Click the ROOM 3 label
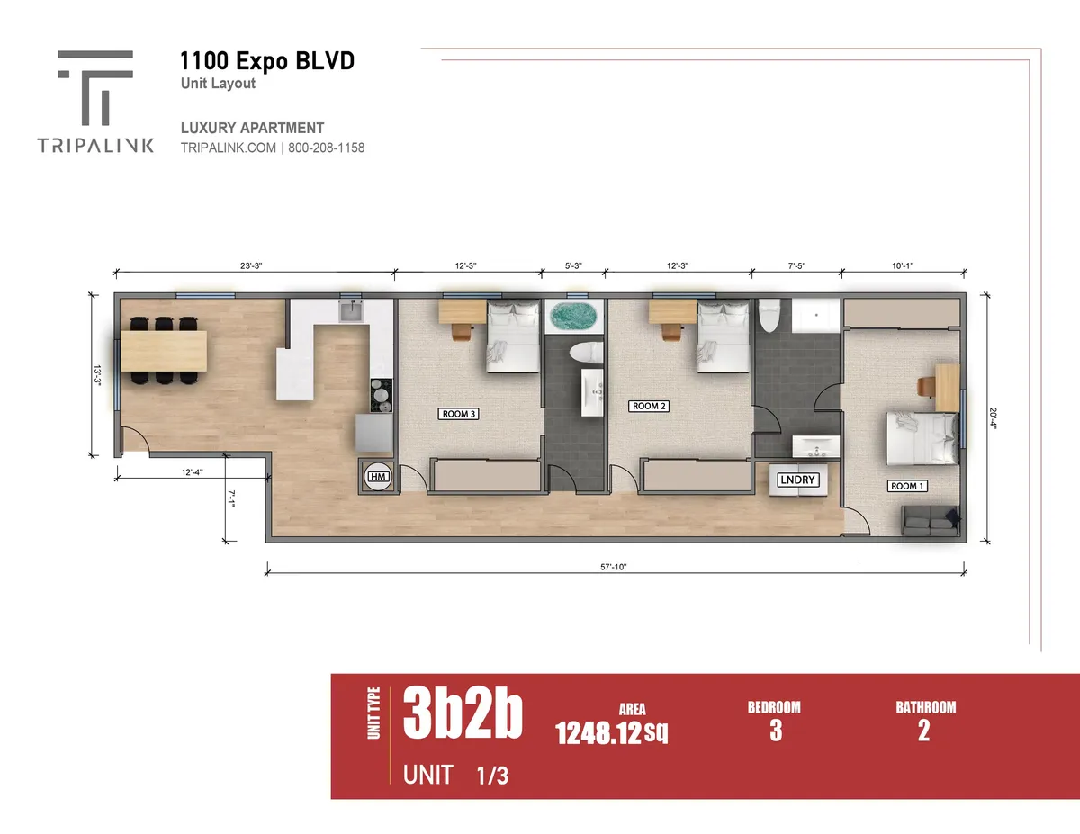pyautogui.click(x=458, y=414)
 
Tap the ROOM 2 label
pyautogui.click(x=649, y=406)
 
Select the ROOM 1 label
pyautogui.click(x=907, y=487)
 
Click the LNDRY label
pyautogui.click(x=797, y=480)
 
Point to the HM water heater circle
pyautogui.click(x=378, y=476)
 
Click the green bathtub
pyautogui.click(x=573, y=317)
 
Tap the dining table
pyautogui.click(x=164, y=351)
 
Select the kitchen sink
pyautogui.click(x=352, y=311)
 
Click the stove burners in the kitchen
pyautogui.click(x=382, y=395)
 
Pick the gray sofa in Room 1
pyautogui.click(x=931, y=521)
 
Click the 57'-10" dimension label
pyautogui.click(x=613, y=567)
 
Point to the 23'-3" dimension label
pyautogui.click(x=251, y=265)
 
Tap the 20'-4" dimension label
pyautogui.click(x=993, y=418)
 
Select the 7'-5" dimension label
pyautogui.click(x=796, y=265)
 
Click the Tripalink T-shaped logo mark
pyautogui.click(x=95, y=87)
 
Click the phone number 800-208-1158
pyautogui.click(x=327, y=148)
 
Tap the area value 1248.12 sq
pyautogui.click(x=611, y=732)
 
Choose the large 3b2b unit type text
pyautogui.click(x=463, y=713)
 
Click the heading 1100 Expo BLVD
pyautogui.click(x=267, y=61)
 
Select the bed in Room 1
pyautogui.click(x=922, y=438)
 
